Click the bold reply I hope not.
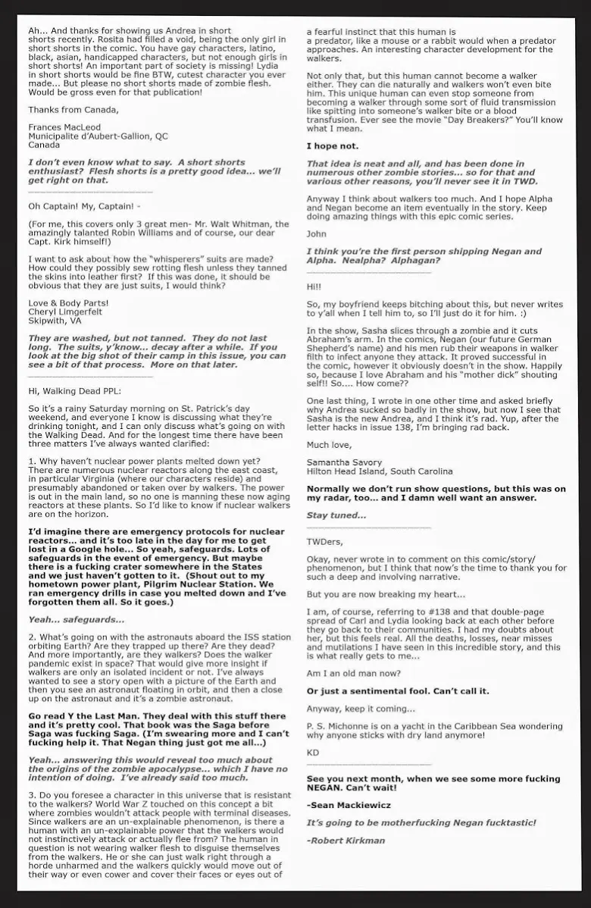[x=333, y=146]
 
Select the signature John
[x=317, y=235]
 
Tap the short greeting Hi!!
[x=314, y=287]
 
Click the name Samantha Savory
[x=345, y=462]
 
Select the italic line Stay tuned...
[x=336, y=515]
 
